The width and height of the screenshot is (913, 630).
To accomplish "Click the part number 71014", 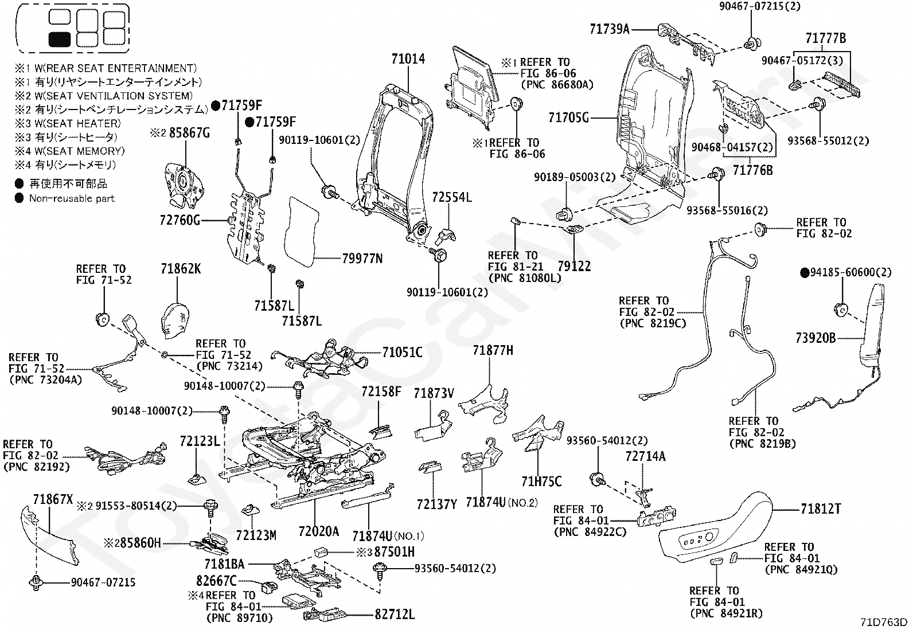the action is pyautogui.click(x=408, y=58).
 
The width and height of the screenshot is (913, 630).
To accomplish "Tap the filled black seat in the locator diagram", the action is pyautogui.click(x=60, y=39).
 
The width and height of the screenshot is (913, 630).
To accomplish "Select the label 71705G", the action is pyautogui.click(x=568, y=118).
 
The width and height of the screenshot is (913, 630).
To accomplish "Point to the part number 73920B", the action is pyautogui.click(x=816, y=338).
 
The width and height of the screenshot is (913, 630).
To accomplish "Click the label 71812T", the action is pyautogui.click(x=821, y=509).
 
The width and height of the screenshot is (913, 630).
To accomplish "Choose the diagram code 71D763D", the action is pyautogui.click(x=884, y=622).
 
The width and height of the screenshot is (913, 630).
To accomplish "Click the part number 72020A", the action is pyautogui.click(x=318, y=531).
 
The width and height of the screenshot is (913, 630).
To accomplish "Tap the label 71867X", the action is pyautogui.click(x=53, y=499).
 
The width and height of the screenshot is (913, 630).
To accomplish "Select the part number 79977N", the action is pyautogui.click(x=362, y=259).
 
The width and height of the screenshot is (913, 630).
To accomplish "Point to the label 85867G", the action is pyautogui.click(x=189, y=133).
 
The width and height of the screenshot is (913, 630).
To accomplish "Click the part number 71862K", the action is pyautogui.click(x=181, y=269).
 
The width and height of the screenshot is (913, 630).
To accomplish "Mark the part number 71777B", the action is pyautogui.click(x=825, y=38).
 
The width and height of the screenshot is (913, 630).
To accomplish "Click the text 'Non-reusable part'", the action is pyautogui.click(x=72, y=198).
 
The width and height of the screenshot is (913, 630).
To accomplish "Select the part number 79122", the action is pyautogui.click(x=574, y=266).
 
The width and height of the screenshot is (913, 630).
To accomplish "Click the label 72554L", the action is pyautogui.click(x=451, y=197).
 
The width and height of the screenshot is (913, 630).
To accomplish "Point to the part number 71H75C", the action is pyautogui.click(x=541, y=482).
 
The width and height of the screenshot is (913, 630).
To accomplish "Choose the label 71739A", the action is pyautogui.click(x=610, y=29).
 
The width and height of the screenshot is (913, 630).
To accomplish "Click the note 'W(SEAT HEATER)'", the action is pyautogui.click(x=78, y=123).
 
